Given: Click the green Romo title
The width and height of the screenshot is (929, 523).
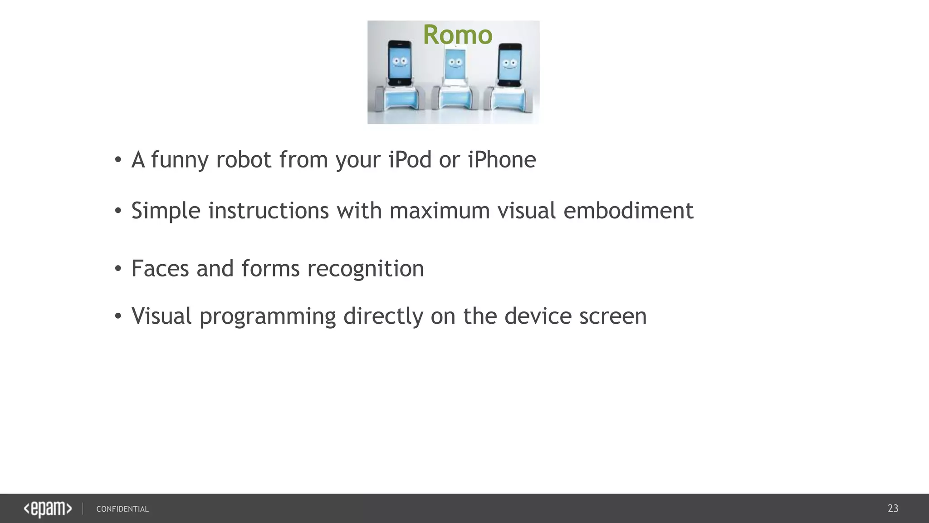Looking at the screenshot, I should pos(457,35).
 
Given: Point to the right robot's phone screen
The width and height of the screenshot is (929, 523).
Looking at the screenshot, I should pos(510,64).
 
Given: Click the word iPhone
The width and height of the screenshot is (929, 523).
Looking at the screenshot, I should pos(502,160).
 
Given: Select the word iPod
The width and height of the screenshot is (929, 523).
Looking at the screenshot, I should pos(410,160).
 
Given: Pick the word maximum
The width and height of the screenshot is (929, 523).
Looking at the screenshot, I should pos(440,211).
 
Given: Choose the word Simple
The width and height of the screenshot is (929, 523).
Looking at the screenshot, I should pos(166,211).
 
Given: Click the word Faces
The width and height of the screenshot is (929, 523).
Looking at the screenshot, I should pos(160,268).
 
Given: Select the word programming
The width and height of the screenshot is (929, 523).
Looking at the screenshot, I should pos(268,317).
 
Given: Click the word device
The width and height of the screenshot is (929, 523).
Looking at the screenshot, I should pos(538,316).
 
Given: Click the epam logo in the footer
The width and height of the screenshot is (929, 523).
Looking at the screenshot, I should pos(48,509).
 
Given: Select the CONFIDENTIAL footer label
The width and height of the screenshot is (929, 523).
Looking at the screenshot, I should pos(122,509).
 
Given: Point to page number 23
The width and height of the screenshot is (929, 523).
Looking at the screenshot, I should pos(893,508).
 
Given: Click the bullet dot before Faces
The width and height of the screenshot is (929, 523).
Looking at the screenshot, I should pos(118,269).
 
